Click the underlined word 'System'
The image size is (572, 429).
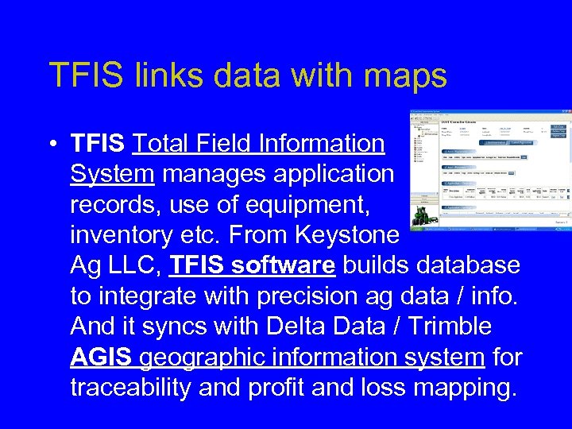(x=111, y=174)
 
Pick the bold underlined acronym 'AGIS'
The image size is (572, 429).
(x=102, y=357)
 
